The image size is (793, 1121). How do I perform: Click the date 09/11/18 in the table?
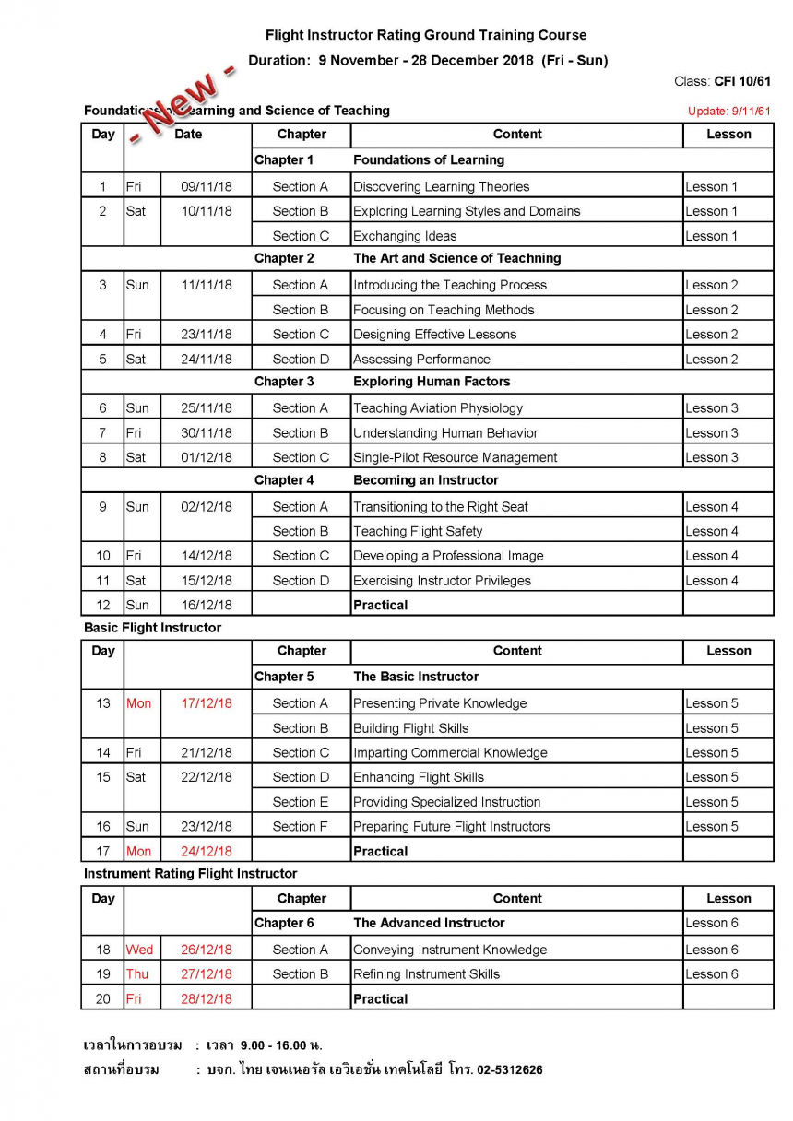207,186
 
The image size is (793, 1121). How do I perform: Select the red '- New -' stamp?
182,106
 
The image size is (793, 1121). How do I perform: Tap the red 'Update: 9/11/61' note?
728,112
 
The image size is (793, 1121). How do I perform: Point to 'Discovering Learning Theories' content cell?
441,186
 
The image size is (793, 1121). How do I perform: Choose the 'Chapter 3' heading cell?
284,381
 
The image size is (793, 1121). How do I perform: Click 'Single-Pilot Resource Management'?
455,457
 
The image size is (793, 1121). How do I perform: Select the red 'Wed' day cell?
140,950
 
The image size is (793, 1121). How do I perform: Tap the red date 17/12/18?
207,703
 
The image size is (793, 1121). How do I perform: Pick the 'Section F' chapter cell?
300,826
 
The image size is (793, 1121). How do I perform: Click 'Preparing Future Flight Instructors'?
451,826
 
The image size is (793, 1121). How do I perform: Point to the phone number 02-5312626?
510,1070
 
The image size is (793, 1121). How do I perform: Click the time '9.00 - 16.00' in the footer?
276,1045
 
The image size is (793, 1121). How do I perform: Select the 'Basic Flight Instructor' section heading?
152,628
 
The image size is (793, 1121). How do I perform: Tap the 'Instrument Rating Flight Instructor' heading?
190,873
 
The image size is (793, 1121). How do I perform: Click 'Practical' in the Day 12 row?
380,605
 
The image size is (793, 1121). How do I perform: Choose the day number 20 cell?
103,998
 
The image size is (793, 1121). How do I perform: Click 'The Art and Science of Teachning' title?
456,258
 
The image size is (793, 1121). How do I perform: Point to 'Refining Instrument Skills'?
426,973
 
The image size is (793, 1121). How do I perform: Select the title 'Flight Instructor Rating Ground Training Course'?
426,35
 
